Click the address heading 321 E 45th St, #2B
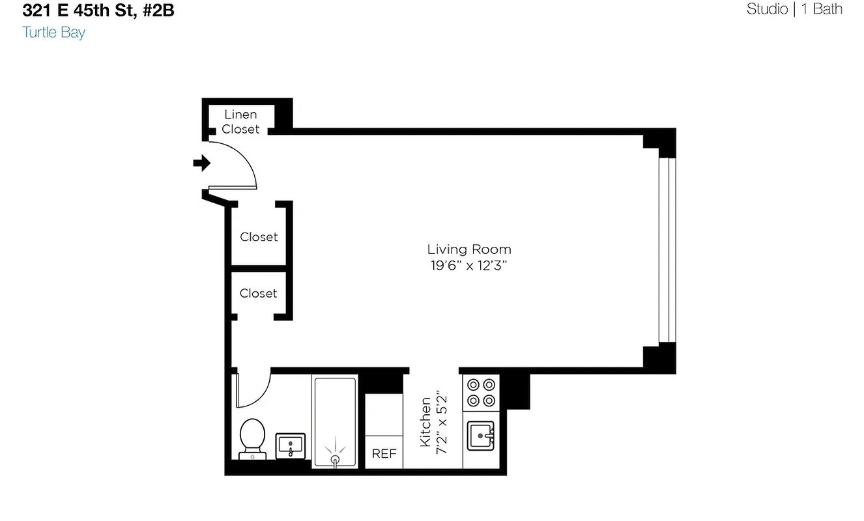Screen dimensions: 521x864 coord(98,11)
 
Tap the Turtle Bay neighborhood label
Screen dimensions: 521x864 coord(53,32)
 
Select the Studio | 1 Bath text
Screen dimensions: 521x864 coord(794,9)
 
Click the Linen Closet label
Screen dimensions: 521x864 coord(240,122)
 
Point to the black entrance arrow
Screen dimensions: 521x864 coord(202,163)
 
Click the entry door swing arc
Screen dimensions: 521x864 coord(248,160)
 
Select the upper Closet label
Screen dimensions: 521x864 coord(259,237)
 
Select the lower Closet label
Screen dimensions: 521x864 coord(259,294)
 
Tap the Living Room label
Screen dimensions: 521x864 coord(469,249)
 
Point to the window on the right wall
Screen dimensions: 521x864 coord(668,250)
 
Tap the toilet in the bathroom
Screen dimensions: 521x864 coord(252,438)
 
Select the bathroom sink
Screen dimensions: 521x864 coord(290,445)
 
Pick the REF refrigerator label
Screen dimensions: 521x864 coord(384,454)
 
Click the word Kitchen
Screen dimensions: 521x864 coord(425,422)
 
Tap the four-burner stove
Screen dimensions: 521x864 coord(481,393)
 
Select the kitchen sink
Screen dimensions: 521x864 coord(481,436)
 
